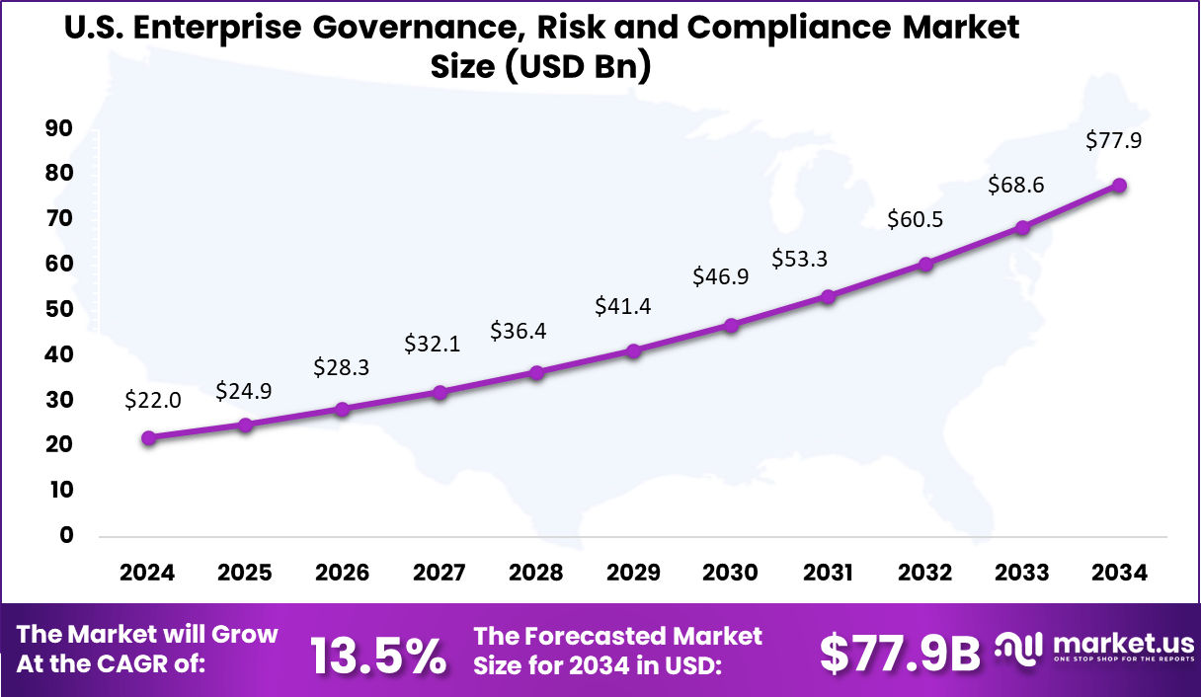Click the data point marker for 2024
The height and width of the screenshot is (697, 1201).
point(148,437)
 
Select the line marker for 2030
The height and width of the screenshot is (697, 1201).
point(731,325)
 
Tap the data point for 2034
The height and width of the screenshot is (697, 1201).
point(1119,186)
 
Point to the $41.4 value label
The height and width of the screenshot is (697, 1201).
point(622,307)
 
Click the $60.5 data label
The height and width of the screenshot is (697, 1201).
point(916,219)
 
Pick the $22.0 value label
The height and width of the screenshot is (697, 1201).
point(152,400)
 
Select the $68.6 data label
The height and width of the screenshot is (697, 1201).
point(1017,186)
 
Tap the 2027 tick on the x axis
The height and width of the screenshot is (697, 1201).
point(440,573)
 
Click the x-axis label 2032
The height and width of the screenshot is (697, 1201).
point(925,573)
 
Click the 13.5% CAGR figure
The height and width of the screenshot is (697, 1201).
point(378,656)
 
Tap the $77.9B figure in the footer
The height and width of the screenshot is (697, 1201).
point(900,653)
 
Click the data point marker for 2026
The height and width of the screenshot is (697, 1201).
point(343,409)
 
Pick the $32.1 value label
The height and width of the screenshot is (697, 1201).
point(433,345)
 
